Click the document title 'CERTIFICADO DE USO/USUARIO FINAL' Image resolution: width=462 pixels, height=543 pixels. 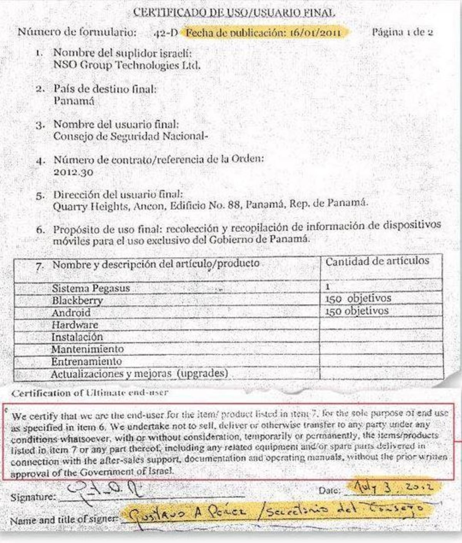coord(234,12)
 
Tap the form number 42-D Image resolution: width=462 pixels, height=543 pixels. coord(166,33)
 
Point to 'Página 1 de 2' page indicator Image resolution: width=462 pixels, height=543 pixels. coord(402,32)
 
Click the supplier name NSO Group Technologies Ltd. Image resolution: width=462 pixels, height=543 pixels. coord(127,65)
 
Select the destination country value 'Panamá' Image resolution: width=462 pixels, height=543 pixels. coord(74,101)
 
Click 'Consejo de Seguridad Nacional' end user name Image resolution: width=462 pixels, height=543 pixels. coord(131,136)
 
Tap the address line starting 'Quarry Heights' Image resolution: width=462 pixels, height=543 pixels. coord(210,206)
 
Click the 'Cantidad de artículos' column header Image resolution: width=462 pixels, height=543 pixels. coord(377,261)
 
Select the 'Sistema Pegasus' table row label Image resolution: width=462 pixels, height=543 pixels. coord(91,288)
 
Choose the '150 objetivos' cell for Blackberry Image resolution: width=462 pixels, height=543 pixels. coord(358,299)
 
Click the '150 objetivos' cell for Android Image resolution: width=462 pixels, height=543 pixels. coord(357,311)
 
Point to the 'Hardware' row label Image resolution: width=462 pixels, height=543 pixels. coord(75,325)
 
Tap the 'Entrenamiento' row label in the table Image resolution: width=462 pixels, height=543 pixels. coord(86,361)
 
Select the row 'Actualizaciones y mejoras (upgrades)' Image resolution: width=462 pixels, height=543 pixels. coord(139,374)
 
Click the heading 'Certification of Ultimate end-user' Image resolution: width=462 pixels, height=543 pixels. coord(90,393)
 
